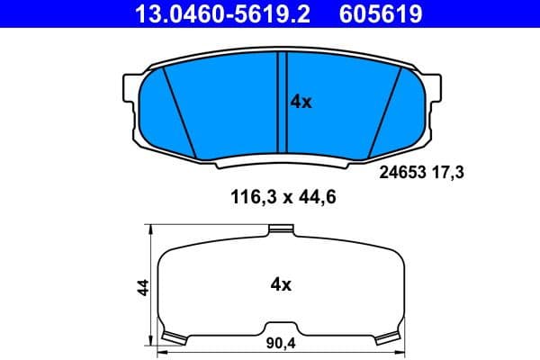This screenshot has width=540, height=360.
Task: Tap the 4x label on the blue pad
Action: [x=301, y=103]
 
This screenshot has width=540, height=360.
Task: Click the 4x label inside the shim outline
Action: [x=281, y=285]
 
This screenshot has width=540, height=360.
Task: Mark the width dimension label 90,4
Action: [x=281, y=343]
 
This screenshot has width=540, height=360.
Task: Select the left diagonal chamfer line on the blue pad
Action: [x=183, y=112]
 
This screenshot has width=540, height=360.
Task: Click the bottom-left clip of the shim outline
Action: [x=172, y=337]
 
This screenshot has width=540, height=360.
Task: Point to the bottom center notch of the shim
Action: [x=281, y=326]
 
